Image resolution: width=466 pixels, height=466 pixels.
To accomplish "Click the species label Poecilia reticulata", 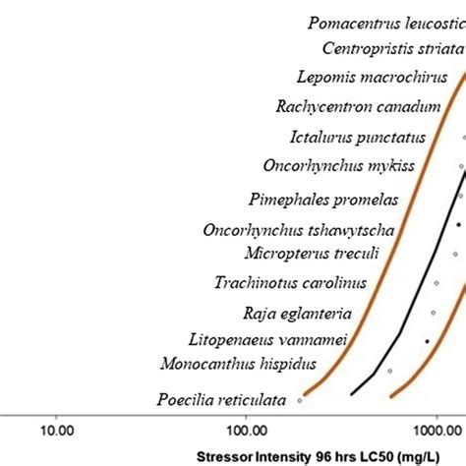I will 221,399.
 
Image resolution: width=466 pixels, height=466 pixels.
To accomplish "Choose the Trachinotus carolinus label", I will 290,283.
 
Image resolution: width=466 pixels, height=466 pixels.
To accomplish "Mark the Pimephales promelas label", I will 327,200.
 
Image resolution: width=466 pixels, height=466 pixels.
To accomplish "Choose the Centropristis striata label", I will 390,47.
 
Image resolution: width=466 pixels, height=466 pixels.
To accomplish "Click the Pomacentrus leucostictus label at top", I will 384,22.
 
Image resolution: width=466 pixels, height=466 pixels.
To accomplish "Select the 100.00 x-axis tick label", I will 247,430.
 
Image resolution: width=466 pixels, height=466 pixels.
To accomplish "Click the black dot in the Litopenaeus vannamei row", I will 427,340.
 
